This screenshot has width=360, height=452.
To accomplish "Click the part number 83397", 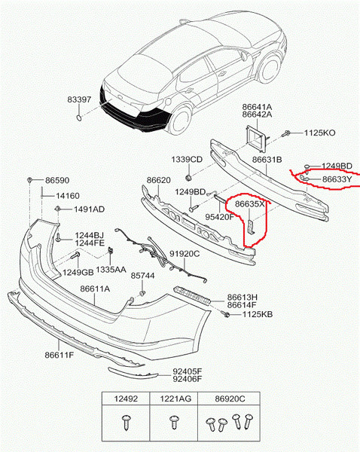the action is [79, 99].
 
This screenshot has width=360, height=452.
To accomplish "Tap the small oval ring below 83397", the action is [78, 118].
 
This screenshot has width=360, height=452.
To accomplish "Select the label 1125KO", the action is [319, 133].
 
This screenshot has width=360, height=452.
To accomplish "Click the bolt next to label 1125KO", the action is [287, 133].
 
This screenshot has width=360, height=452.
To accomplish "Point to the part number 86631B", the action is [267, 160].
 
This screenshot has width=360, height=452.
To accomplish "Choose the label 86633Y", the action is [337, 179].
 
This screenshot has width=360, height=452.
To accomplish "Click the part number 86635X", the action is [249, 204].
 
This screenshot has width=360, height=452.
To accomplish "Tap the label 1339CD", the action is [187, 160].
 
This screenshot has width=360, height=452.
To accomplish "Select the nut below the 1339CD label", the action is [189, 178].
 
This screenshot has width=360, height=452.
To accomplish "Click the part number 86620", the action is [158, 180].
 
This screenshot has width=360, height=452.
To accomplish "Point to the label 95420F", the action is [220, 217].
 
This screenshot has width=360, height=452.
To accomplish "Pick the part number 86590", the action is [57, 181].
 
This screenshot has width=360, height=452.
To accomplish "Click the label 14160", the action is [68, 196].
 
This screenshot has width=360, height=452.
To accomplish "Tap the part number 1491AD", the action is [90, 209].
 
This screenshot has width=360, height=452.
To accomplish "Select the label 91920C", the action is [185, 254].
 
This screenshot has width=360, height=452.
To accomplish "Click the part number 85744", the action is [142, 276].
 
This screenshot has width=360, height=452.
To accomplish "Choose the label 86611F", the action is [59, 355].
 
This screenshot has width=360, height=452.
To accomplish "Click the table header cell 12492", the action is [126, 399].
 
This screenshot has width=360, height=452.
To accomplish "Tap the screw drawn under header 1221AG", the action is [174, 422].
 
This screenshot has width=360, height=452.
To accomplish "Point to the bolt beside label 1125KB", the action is [225, 313].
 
